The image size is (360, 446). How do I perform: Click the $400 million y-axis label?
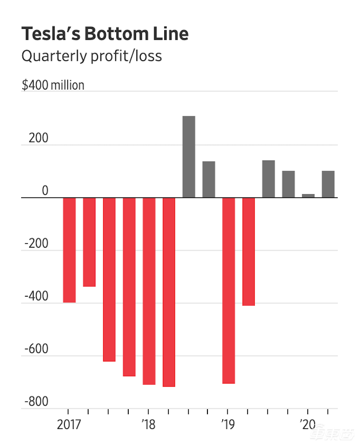53,85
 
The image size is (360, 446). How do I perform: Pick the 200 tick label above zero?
38,138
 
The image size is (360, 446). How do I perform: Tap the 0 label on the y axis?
45,191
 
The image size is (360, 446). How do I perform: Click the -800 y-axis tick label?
36,401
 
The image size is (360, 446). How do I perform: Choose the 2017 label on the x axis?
68,425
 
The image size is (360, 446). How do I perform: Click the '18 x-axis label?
148,425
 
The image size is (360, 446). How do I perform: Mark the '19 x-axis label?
228,425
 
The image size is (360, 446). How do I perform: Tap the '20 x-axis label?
307,425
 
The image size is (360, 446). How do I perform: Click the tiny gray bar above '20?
308,196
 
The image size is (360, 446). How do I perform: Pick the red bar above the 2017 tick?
69,250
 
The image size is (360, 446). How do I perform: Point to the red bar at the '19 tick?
229,290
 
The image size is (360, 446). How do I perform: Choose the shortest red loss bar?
89,242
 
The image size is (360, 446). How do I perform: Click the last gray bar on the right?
328,184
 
